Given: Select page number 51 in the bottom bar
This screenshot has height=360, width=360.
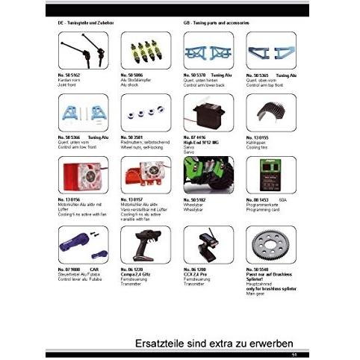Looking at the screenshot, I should (294, 354).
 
